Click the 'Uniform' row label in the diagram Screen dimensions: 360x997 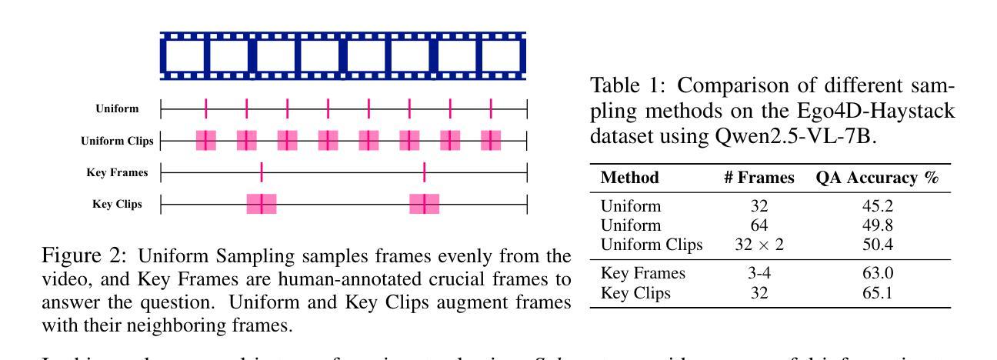pos(117,108)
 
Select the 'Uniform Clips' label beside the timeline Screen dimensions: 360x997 pos(117,141)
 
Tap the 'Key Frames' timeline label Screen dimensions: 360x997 pos(117,172)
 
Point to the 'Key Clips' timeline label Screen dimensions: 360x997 pos(117,205)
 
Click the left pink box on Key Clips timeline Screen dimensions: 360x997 pos(262,204)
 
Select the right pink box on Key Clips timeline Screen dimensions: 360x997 pos(425,204)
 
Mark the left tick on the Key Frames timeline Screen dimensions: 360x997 pos(262,172)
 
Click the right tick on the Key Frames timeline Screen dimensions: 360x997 pos(425,172)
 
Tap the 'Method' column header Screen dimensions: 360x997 pos(630,178)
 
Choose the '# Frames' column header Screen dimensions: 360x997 pos(759,178)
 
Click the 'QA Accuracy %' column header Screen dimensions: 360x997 pos(878,178)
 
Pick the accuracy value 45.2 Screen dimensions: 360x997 pos(877,206)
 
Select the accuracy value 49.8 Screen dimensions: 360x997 pos(877,225)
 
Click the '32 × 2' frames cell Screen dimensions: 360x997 pos(759,244)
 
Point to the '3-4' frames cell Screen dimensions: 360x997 pos(759,273)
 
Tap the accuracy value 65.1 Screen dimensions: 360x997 pos(877,292)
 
